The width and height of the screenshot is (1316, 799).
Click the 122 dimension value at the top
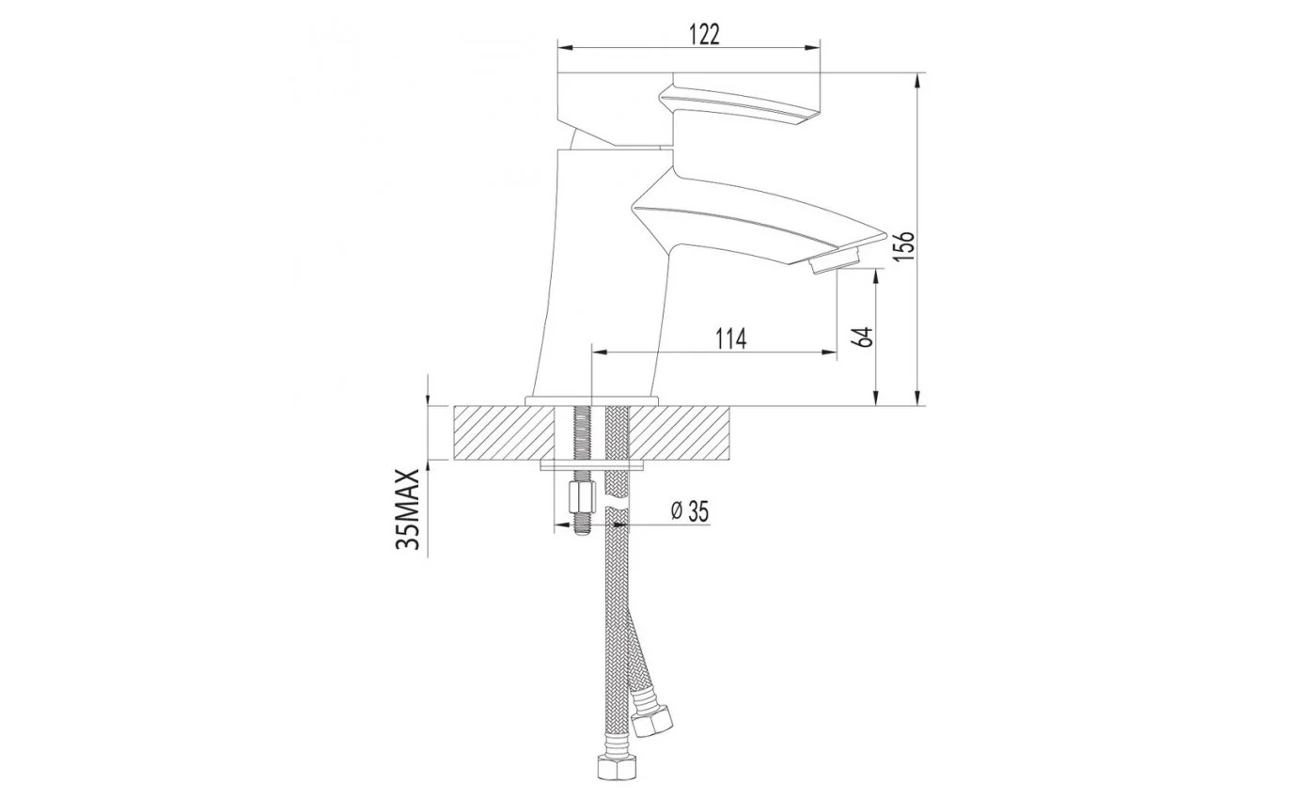pos(704,35)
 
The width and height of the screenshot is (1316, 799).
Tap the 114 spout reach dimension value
pos(730,339)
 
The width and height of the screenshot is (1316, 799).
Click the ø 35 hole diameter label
pos(690,511)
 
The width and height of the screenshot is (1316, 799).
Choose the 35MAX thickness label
pos(408,509)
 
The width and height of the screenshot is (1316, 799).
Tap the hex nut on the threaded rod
pos(582,496)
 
